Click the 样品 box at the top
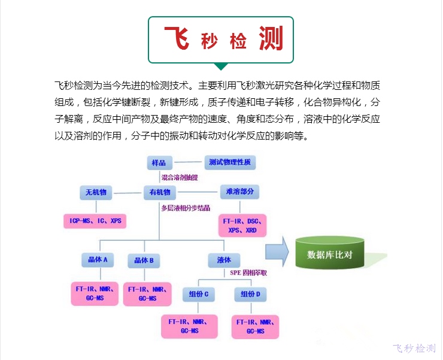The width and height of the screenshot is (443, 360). [x=160, y=162]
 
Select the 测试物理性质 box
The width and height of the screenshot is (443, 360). [x=230, y=162]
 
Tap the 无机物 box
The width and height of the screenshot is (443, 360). [x=96, y=192]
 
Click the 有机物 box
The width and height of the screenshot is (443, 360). [x=160, y=192]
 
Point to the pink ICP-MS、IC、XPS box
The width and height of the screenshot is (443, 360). [x=96, y=221]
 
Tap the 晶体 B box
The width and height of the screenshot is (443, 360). [x=144, y=261]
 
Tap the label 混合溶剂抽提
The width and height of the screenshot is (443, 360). [x=180, y=178]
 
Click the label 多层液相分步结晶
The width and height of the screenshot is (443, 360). [x=186, y=208]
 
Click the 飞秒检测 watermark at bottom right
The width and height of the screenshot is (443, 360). [x=414, y=349]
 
